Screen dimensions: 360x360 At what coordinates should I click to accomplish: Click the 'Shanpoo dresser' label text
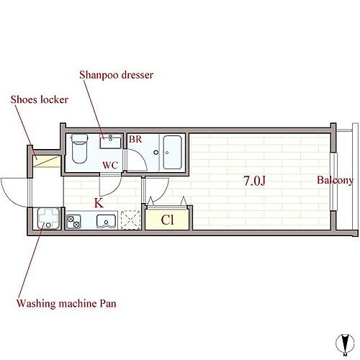click(x=116, y=75)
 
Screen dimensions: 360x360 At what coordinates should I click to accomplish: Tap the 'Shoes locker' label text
click(x=40, y=99)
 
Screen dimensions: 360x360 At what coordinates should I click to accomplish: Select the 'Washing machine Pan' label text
click(x=66, y=304)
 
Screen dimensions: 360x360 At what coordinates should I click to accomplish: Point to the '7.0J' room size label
click(x=254, y=181)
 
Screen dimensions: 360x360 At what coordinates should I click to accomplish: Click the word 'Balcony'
click(x=336, y=180)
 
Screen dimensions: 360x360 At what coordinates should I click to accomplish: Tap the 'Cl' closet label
click(x=167, y=220)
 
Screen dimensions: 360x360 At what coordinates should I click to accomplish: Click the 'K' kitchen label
click(x=99, y=203)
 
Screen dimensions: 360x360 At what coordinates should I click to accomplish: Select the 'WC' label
click(x=110, y=166)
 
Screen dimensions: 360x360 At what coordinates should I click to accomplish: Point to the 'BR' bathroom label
click(x=135, y=140)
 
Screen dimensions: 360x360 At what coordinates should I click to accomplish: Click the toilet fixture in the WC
click(x=79, y=148)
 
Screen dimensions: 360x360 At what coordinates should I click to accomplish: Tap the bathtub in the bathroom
click(x=172, y=152)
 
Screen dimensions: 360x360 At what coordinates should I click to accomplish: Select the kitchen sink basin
click(x=106, y=221)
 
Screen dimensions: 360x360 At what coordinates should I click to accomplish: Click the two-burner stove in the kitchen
click(x=73, y=222)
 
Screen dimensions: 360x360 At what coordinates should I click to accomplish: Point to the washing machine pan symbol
click(x=48, y=218)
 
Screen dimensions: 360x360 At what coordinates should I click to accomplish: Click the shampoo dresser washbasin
click(x=110, y=142)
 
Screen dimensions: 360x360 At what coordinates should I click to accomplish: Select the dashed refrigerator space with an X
click(x=131, y=220)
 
